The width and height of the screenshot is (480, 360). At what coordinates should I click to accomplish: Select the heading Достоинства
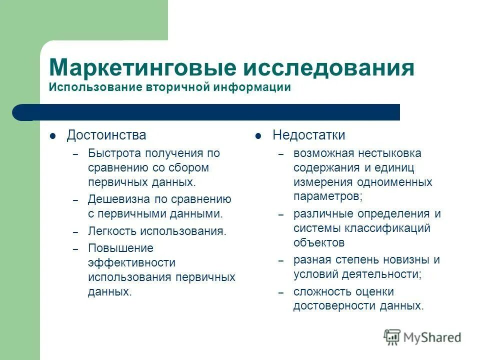(106, 135)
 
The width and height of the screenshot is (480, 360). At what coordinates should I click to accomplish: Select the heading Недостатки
(308, 135)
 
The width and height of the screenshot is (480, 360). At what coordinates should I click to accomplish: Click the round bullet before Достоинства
(53, 136)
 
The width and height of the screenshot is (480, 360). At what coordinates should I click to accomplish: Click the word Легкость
(111, 231)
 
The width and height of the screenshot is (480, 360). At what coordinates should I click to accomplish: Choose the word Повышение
(120, 248)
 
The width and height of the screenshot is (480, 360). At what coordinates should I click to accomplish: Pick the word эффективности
(131, 262)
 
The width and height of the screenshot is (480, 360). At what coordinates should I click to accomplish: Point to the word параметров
(326, 196)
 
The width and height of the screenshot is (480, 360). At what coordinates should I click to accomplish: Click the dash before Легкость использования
(75, 232)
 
